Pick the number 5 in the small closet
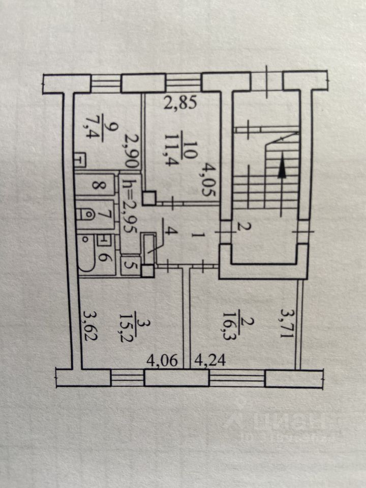pyautogui.click(x=130, y=264)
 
